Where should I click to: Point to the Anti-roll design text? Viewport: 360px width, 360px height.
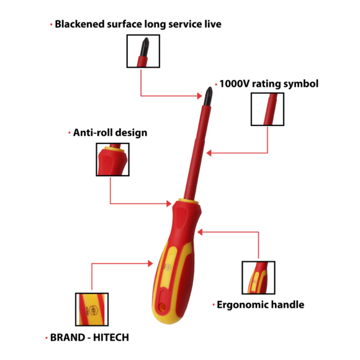coord(110,133)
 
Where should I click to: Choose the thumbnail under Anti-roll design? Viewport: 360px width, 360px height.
coord(112,160)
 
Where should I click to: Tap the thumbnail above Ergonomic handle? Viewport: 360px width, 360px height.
coord(258,277)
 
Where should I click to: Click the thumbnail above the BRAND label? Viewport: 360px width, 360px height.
coord(92,309)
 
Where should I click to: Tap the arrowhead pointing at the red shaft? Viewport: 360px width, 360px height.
coord(209,153)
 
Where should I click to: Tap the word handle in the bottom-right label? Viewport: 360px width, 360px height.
coord(287,305)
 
